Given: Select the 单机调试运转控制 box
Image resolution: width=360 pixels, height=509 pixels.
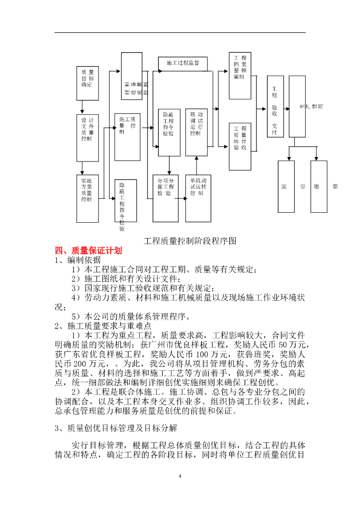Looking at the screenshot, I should [197, 197].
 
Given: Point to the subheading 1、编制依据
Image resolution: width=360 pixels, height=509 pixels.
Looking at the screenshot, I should [78, 260].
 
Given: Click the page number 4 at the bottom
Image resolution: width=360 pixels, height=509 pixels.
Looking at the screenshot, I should [180, 477].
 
